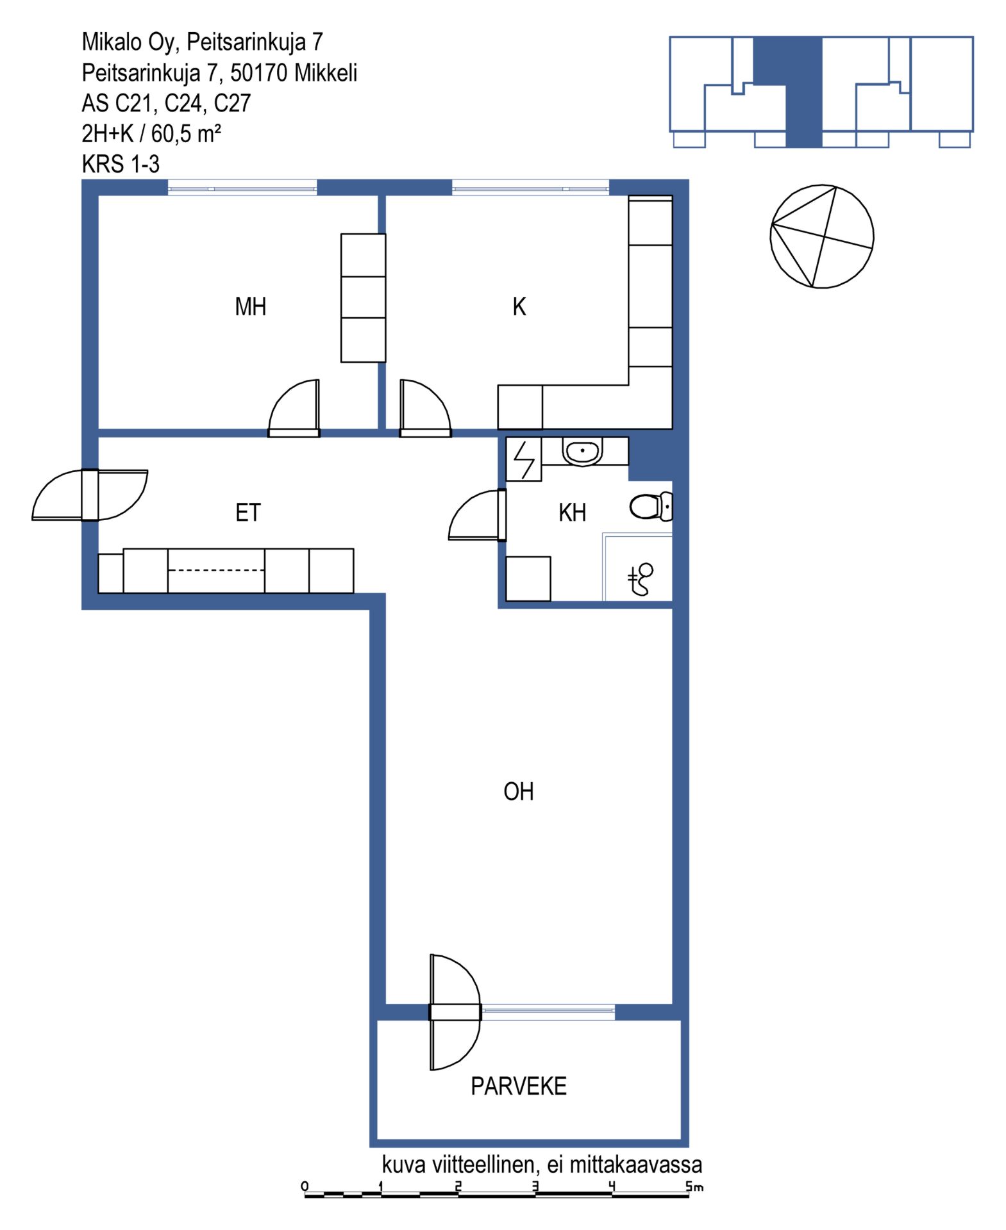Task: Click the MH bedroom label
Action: point(250,307)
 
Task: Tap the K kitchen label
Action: point(519,307)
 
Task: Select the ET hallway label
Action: point(248,512)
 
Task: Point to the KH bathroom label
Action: point(572,512)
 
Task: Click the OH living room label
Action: point(518,792)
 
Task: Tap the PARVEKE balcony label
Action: point(518,1086)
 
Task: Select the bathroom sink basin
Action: point(582,452)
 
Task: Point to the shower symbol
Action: point(640,579)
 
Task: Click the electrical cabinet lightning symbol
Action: point(524,459)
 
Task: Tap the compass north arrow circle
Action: point(821,236)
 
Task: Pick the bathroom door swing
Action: point(477,515)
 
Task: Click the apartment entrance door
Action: point(90,495)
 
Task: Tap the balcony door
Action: point(455,1012)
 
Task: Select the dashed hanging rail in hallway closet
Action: point(216,570)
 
